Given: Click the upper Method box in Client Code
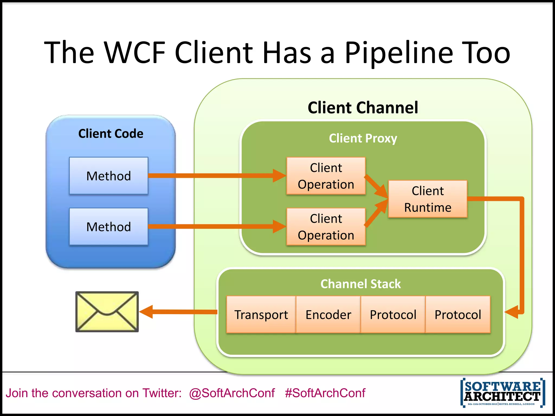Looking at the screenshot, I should coord(109,176).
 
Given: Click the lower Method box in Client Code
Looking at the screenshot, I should coord(109,227).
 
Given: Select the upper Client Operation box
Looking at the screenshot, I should coord(326,176).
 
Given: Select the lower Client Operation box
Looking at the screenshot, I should coord(326,227).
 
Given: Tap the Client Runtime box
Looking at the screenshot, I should coord(428,199).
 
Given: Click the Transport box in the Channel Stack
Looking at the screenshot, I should coord(261,315).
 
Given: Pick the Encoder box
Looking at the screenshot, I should coord(328,315).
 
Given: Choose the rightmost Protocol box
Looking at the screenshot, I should coord(458,315).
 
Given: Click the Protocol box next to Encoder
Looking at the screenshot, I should coord(393,315).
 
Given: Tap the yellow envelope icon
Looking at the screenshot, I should coord(107,312).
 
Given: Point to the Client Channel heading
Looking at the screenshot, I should coord(363,108).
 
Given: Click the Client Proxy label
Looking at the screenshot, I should coord(363,138).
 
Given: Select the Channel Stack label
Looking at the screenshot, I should coord(360,284).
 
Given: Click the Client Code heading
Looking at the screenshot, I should coord(111,134).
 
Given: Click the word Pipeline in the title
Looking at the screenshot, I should coord(399,53).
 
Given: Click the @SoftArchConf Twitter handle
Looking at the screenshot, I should coord(232,393).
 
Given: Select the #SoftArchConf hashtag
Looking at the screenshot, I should coord(325,393).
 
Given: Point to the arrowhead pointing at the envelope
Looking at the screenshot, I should coord(146,312).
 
